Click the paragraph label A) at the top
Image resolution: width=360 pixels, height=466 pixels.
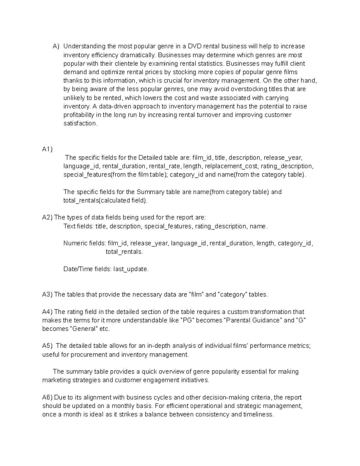point(56,47)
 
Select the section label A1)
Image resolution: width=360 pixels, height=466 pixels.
point(47,149)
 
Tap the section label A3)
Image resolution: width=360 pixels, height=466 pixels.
point(47,295)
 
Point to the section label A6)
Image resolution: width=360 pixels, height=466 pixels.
point(47,398)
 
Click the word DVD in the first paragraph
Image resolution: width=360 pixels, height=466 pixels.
point(195,47)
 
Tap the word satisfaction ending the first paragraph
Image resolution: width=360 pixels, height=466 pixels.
point(80,124)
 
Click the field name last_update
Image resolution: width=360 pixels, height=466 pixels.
point(130,269)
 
